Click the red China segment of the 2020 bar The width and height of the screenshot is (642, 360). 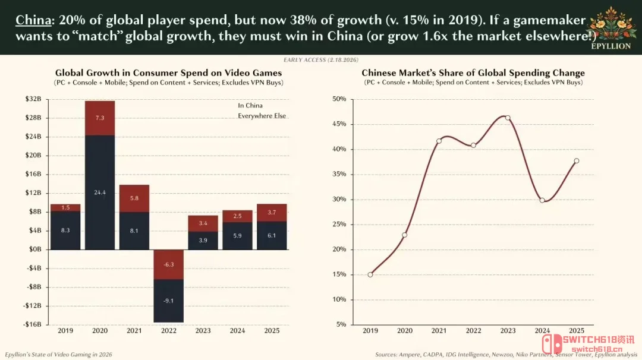click(100, 118)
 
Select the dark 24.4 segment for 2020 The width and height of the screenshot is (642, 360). click(100, 192)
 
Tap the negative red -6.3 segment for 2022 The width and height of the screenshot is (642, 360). click(168, 264)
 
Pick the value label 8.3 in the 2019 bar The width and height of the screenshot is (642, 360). click(65, 230)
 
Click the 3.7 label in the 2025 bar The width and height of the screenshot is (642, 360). click(271, 212)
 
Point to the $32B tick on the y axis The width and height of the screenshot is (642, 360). click(33, 99)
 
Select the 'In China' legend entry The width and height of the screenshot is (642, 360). click(250, 106)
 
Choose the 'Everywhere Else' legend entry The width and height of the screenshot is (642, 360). click(262, 116)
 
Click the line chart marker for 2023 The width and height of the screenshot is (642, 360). click(508, 118)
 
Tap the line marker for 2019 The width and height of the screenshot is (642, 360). click(370, 274)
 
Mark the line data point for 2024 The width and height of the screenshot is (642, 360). click(542, 200)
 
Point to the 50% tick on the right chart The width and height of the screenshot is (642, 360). click(339, 99)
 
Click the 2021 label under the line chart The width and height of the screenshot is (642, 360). click(439, 330)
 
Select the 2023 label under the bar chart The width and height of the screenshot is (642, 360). click(203, 330)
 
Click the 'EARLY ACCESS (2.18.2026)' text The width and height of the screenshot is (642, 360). click(320, 60)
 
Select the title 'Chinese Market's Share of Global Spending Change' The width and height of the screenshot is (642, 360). click(473, 73)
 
